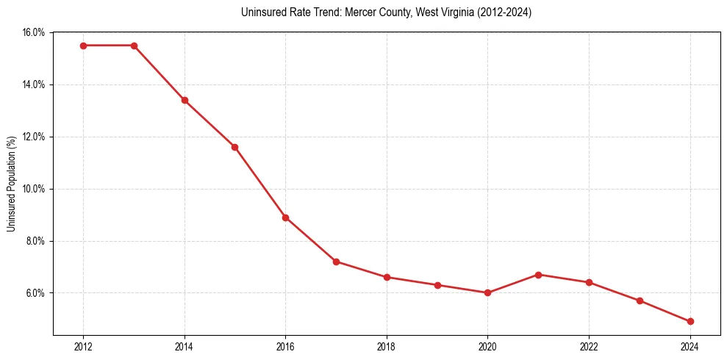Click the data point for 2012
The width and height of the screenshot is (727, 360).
coord(83,46)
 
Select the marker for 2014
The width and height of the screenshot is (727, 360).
coord(185,100)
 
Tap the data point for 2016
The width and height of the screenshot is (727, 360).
coord(285,217)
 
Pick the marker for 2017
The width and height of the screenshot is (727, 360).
coord(336,262)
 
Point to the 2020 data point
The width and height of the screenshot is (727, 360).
coord(487,293)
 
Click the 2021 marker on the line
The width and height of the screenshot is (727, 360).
coord(538,275)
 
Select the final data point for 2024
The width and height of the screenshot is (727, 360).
coord(690,322)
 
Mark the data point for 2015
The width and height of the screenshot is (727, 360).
coord(234,147)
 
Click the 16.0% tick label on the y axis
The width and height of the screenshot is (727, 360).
coord(34,32)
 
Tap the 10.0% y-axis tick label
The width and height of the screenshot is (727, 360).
coord(34,189)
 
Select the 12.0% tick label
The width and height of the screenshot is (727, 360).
coord(34,137)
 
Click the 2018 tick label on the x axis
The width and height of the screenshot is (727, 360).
coord(387,346)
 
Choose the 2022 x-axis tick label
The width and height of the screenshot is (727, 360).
coord(589,346)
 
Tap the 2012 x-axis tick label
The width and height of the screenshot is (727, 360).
coord(83,346)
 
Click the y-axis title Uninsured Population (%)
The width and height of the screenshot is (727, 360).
coord(11,184)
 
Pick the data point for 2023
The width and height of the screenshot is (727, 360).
coord(640,300)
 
